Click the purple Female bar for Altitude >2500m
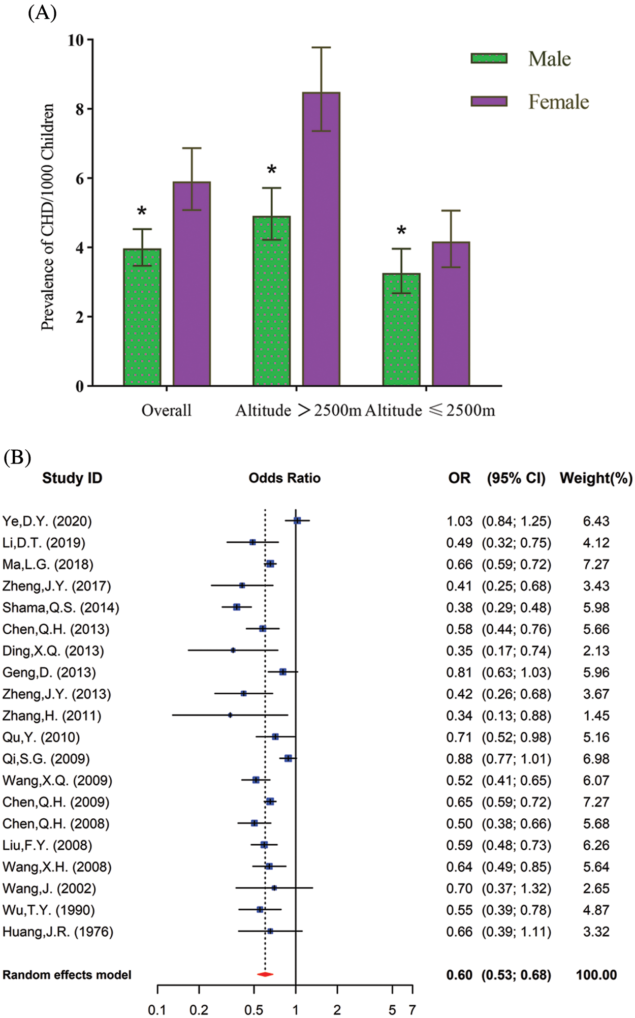[321, 239]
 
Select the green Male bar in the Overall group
[142, 317]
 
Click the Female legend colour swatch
[489, 101]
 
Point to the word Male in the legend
[549, 59]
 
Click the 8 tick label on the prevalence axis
[80, 109]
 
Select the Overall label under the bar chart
[166, 410]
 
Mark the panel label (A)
[42, 12]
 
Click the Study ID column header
[72, 478]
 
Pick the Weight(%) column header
[596, 478]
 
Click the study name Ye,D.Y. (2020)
[47, 521]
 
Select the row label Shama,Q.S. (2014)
[61, 608]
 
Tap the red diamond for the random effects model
[265, 974]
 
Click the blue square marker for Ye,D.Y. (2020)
[297, 520]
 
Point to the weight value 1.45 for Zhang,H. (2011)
[596, 716]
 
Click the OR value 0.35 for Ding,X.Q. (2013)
[459, 651]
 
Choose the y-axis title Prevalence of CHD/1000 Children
[48, 217]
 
